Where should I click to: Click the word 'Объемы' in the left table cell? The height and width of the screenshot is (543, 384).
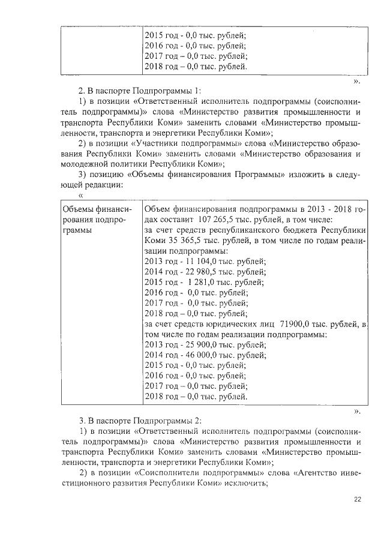click(79, 209)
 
